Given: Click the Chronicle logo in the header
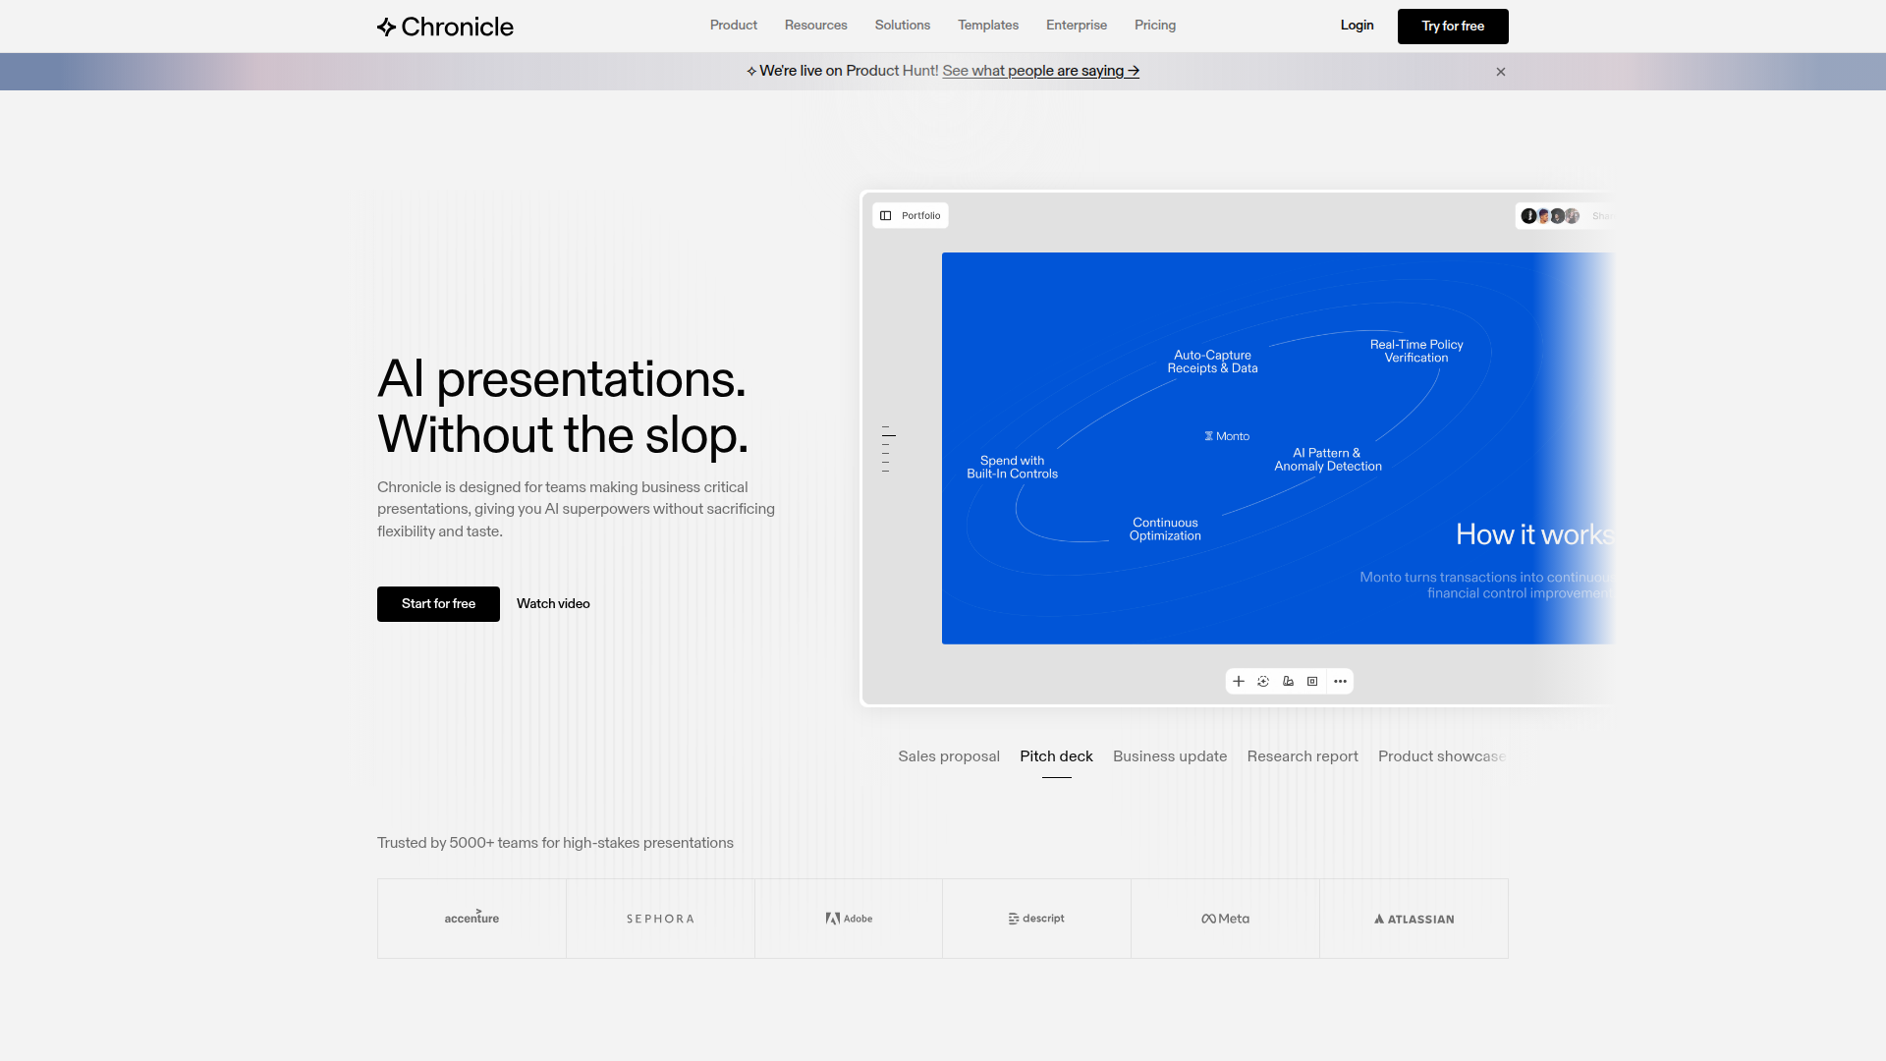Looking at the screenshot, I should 445,27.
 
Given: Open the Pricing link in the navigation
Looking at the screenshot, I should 1154,26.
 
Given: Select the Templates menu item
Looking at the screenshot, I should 987,26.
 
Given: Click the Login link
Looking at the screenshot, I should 1357,26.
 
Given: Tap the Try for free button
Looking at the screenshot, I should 1452,27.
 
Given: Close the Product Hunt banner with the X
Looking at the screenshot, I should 1500,72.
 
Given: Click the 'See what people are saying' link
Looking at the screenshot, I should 1040,71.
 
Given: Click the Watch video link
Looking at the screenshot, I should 553,604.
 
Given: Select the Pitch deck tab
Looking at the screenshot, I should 1056,756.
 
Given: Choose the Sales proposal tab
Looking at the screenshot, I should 948,756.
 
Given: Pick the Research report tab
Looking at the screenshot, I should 1302,756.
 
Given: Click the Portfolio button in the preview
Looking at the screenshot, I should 911,216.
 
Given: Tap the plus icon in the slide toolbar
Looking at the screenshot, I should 1239,682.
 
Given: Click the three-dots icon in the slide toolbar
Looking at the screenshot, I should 1340,682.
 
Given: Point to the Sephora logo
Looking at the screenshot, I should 660,920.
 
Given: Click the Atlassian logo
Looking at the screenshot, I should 1414,920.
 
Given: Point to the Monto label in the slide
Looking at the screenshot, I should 1228,436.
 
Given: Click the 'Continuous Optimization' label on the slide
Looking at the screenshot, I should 1165,530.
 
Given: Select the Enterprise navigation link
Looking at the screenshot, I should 1076,26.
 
